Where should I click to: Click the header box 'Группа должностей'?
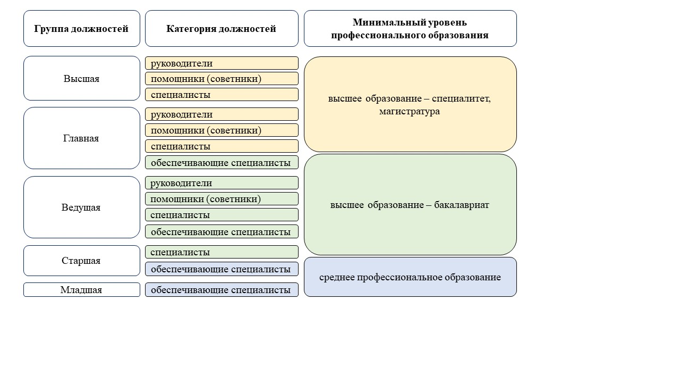(81, 29)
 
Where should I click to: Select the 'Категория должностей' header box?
(222, 29)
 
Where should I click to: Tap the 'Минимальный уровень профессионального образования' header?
(410, 29)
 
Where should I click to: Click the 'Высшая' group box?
(81, 79)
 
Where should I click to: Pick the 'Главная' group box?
(81, 138)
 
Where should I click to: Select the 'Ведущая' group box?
(81, 207)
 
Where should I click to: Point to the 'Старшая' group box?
(81, 261)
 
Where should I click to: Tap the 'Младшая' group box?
(81, 290)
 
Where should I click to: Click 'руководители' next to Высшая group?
(222, 63)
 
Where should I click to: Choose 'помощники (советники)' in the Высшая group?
(222, 79)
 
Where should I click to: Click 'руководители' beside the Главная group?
(222, 114)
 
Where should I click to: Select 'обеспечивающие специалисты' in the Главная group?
(222, 162)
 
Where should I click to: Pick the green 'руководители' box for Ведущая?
(222, 183)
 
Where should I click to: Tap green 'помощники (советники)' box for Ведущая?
(222, 199)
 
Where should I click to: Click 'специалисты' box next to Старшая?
(222, 252)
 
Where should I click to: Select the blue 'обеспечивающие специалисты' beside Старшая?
(222, 269)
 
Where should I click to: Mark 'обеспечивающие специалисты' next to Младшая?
(222, 290)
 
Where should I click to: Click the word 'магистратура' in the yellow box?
(409, 112)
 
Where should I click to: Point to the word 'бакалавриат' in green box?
(461, 205)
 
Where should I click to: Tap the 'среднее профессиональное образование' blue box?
(410, 277)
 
